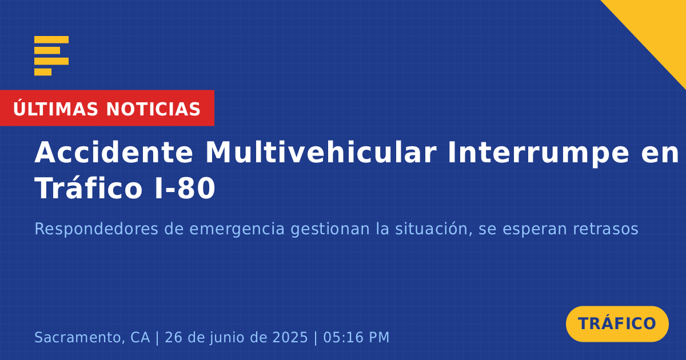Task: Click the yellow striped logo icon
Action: pyautogui.click(x=51, y=56)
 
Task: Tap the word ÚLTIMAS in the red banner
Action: pyautogui.click(x=55, y=109)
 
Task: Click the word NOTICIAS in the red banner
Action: pyautogui.click(x=153, y=109)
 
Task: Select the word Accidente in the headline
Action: pyautogui.click(x=114, y=153)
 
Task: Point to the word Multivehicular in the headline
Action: pyautogui.click(x=321, y=153)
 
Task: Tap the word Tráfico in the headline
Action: pyautogui.click(x=89, y=187)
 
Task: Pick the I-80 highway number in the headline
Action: pyautogui.click(x=185, y=189)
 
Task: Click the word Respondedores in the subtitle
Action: pyautogui.click(x=97, y=229)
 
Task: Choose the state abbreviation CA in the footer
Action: pyautogui.click(x=140, y=337)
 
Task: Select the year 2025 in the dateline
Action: pyautogui.click(x=290, y=337)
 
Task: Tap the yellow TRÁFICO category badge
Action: pyautogui.click(x=617, y=323)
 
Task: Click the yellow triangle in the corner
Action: pyautogui.click(x=659, y=27)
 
